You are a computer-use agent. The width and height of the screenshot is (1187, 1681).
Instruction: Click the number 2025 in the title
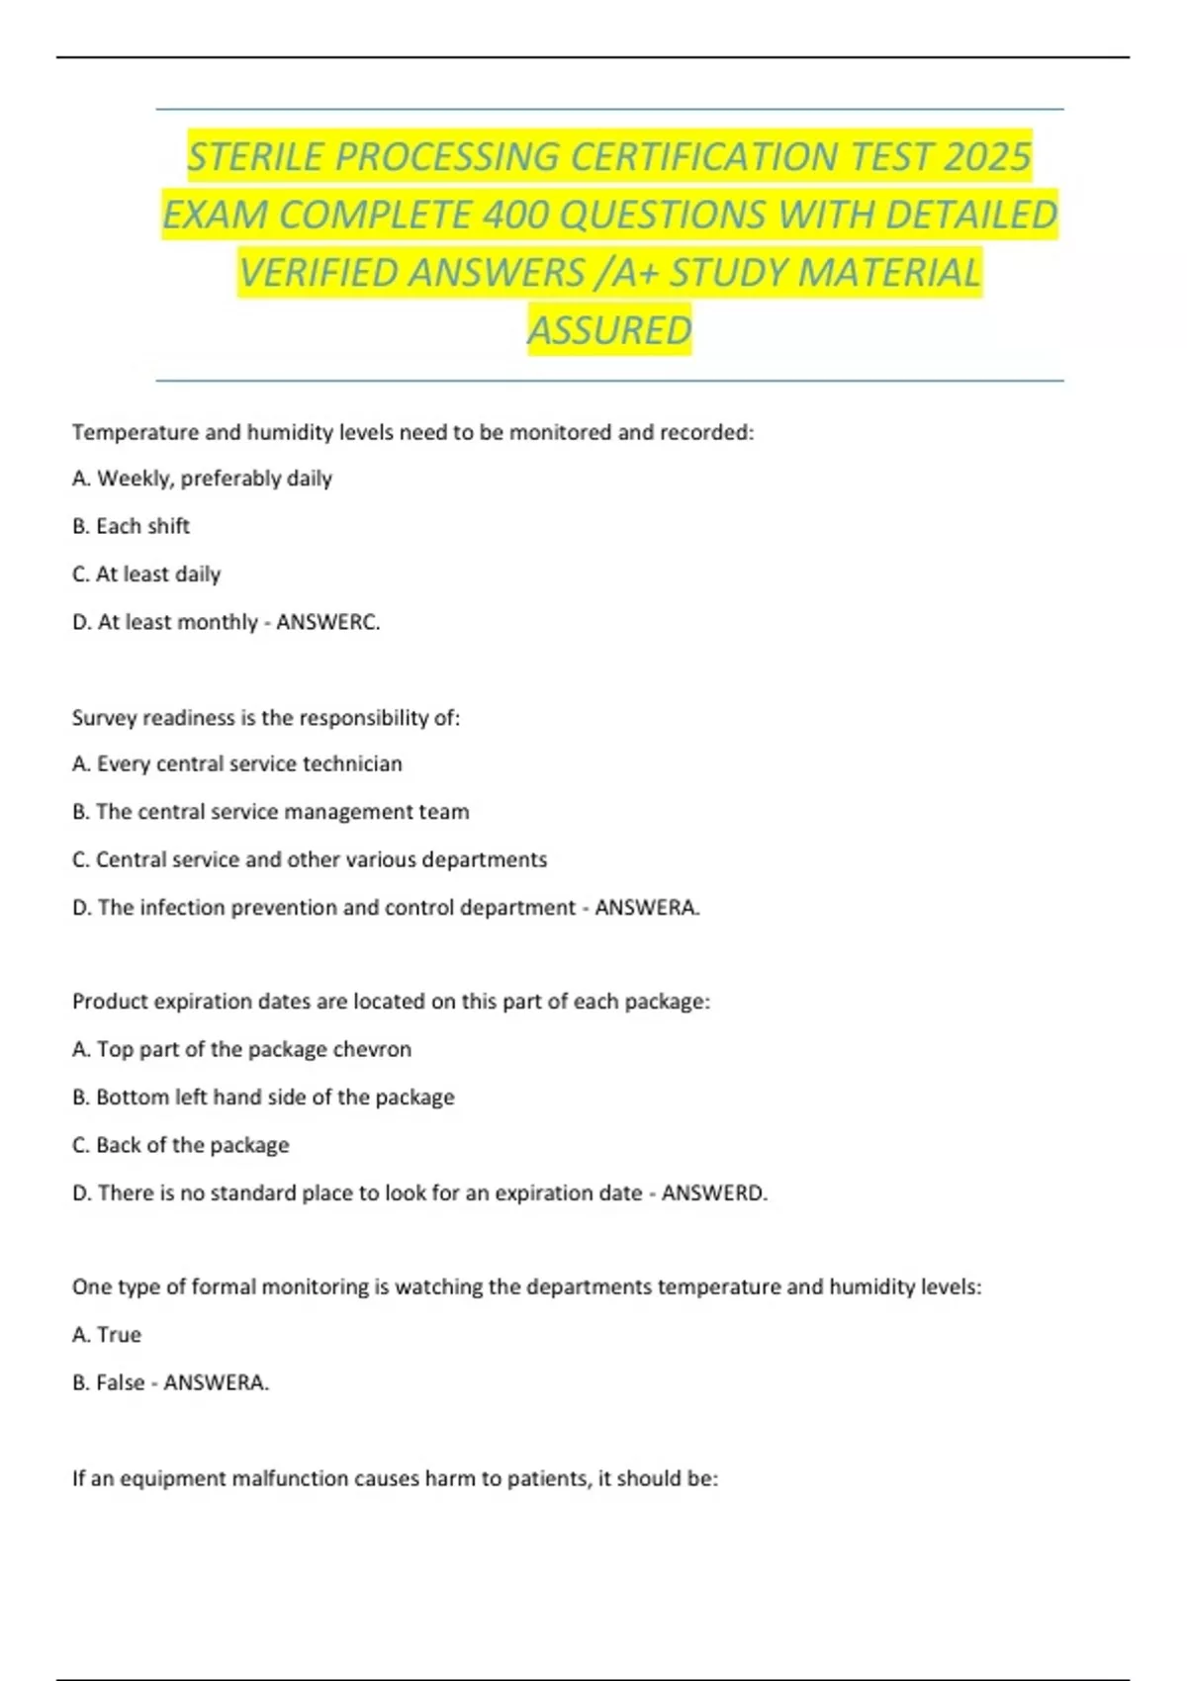point(986,156)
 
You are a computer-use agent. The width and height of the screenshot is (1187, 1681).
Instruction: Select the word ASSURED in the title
point(609,330)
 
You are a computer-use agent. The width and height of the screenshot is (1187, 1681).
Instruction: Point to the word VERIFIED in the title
point(319,273)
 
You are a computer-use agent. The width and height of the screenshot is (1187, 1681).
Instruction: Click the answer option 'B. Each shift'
point(131,526)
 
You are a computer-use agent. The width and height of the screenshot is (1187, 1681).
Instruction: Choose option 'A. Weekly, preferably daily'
point(202,479)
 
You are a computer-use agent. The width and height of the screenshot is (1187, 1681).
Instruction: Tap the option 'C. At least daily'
point(146,575)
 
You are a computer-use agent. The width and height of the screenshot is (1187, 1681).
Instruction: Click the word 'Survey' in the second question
point(104,718)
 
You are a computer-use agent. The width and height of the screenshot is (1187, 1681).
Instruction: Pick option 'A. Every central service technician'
point(237,764)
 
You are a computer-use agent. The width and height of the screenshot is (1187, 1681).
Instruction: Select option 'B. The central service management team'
point(271,812)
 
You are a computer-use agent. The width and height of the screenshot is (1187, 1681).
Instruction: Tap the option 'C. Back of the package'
point(181,1145)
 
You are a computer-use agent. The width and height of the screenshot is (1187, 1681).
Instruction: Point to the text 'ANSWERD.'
point(714,1194)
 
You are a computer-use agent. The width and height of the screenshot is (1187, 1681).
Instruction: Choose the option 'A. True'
point(107,1335)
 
